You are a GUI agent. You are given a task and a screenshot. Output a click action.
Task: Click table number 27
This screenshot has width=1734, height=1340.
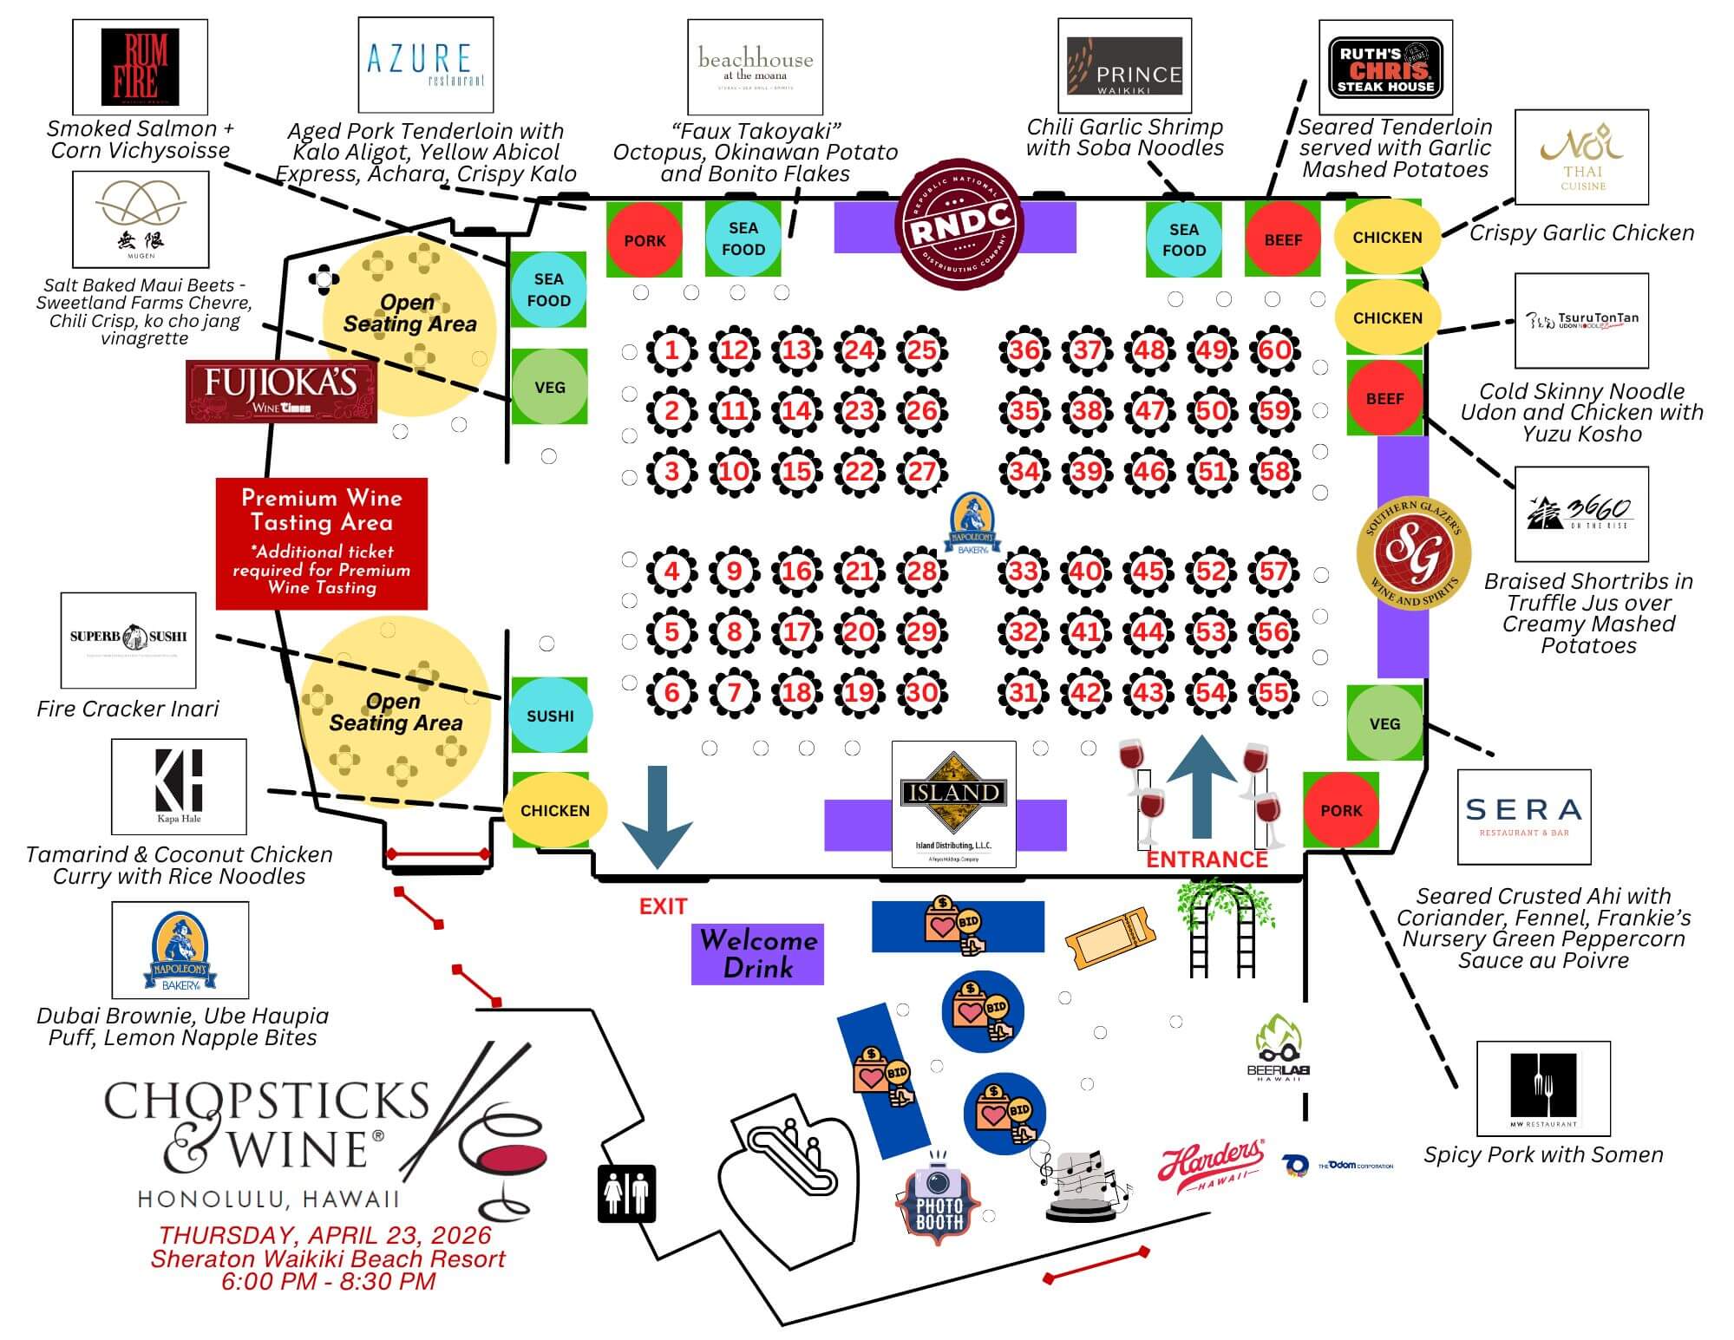921,472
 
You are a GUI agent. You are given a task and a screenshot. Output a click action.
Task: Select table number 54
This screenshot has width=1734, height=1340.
1211,692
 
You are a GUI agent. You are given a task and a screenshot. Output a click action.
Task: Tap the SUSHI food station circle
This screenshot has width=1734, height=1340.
550,716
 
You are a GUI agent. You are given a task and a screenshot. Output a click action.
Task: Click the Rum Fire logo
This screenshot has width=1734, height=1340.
140,66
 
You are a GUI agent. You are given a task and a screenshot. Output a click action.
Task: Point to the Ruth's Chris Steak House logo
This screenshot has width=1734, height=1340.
1385,67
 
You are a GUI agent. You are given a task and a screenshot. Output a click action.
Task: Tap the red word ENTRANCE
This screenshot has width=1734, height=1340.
1207,860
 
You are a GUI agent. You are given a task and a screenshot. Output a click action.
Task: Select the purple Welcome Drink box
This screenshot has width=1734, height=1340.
757,954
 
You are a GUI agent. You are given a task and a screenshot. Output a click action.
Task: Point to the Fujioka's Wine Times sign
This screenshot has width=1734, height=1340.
281,392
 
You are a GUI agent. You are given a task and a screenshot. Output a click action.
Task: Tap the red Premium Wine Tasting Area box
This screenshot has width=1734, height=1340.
321,543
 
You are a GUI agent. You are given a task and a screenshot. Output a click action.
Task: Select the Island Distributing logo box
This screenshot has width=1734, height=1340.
953,803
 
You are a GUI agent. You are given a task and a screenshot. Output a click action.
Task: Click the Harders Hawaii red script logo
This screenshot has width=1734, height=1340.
1211,1165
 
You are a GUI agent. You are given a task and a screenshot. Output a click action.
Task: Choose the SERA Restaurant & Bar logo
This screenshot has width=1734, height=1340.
1524,816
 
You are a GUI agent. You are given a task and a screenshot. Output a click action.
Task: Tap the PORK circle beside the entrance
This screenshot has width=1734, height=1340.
1341,811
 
